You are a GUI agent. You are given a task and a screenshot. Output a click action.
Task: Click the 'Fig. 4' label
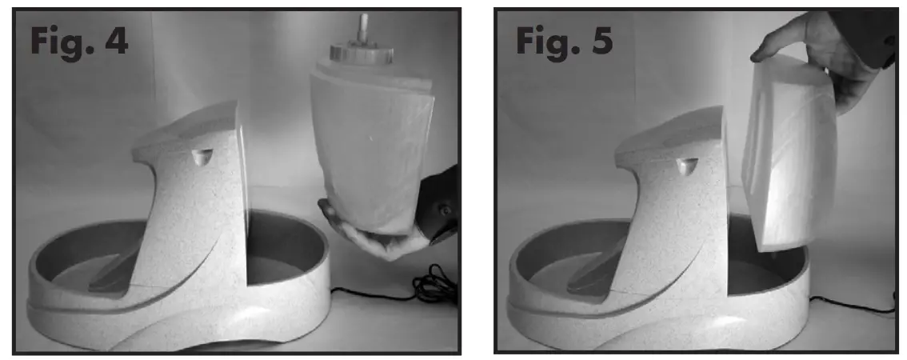79,41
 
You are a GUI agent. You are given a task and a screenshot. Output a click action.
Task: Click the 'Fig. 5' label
563,41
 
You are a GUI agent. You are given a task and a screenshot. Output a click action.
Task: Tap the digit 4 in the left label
113,41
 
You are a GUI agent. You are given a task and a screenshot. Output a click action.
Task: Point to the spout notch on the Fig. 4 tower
201,156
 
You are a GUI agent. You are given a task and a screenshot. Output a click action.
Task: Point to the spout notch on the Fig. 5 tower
687,165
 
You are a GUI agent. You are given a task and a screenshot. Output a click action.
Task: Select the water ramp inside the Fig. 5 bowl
596,276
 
